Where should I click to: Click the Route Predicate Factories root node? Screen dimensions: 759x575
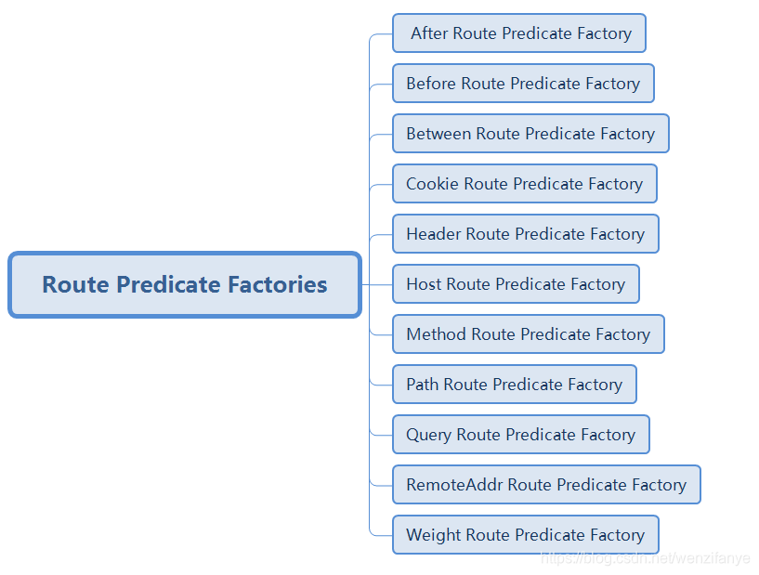[x=185, y=284]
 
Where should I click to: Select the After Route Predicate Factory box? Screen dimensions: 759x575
[x=519, y=33]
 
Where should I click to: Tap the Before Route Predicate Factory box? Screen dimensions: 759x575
[x=523, y=84]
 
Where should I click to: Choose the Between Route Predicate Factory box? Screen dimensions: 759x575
[x=530, y=134]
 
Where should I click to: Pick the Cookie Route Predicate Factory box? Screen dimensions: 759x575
[x=524, y=184]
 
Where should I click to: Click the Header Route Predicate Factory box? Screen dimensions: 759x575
[x=525, y=234]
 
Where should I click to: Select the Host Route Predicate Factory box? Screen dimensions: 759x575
[x=516, y=284]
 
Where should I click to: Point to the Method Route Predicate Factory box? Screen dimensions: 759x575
[x=528, y=334]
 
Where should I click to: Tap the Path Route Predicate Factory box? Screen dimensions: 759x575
[x=514, y=385]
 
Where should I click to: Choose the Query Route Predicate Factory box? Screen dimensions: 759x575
[x=520, y=435]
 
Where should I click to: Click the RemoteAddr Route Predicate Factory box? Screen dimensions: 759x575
[x=546, y=485]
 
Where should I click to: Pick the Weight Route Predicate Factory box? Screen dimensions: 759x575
[x=525, y=535]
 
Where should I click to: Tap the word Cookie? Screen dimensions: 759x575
[x=432, y=184]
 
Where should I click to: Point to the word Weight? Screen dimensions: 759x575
[x=433, y=535]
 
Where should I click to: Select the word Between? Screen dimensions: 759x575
[x=438, y=134]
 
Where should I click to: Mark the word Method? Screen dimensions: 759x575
[x=436, y=334]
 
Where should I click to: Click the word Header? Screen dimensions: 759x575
[x=433, y=234]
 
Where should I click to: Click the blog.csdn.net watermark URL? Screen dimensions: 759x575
[x=645, y=558]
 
